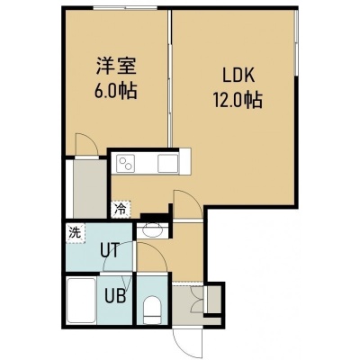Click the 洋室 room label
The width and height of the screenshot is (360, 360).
[116, 66]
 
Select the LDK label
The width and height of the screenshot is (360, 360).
[238, 76]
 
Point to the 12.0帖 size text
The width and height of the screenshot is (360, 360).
[238, 100]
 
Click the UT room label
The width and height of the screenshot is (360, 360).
[110, 251]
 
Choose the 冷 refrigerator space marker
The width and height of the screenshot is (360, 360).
[121, 209]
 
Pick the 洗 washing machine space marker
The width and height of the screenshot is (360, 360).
[76, 233]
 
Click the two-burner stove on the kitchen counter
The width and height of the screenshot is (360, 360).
[125, 164]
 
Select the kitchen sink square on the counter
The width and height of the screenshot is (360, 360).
[167, 164]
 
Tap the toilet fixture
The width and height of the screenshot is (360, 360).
[151, 310]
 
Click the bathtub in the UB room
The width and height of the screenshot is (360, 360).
[81, 301]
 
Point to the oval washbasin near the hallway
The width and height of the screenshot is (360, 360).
[152, 230]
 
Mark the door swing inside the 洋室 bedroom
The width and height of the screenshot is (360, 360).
[86, 145]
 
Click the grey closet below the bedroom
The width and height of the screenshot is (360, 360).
[90, 189]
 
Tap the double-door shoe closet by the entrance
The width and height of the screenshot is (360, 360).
[198, 300]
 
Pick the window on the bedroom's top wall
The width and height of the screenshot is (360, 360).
[125, 8]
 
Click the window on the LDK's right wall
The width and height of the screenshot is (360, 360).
[296, 42]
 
